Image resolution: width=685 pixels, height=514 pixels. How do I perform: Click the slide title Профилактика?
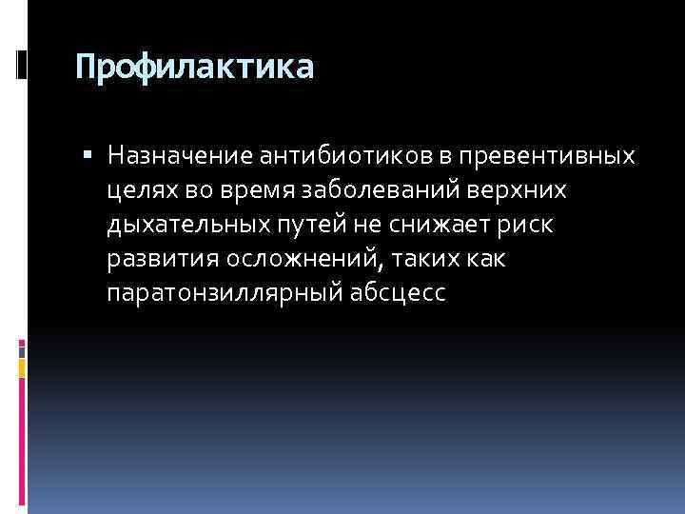(x=194, y=68)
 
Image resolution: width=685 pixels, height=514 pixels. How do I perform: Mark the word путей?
(x=311, y=226)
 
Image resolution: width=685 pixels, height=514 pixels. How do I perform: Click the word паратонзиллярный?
(x=214, y=295)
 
